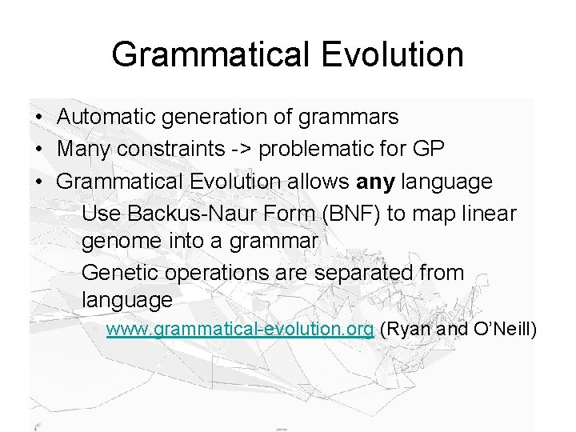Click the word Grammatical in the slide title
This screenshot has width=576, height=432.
[210, 54]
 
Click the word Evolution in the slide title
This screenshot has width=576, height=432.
[392, 54]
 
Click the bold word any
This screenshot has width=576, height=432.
[375, 182]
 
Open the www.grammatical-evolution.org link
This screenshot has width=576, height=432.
[240, 330]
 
